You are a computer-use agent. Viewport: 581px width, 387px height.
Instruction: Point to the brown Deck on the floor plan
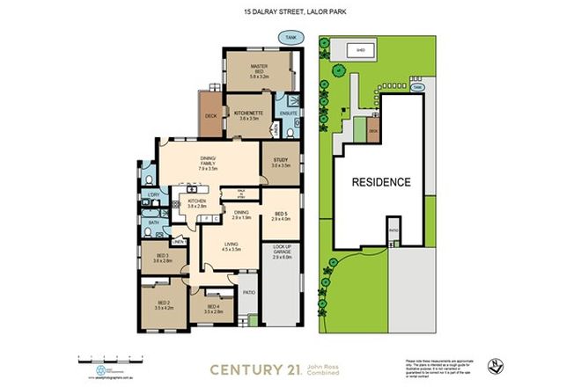point(210,115)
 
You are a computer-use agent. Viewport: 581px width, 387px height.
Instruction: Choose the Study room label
point(280,162)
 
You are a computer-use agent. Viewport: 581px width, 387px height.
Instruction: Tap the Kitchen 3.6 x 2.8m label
point(196,202)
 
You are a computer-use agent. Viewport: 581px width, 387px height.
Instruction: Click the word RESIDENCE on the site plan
point(381,183)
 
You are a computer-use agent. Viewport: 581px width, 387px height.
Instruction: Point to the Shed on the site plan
point(361,51)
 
